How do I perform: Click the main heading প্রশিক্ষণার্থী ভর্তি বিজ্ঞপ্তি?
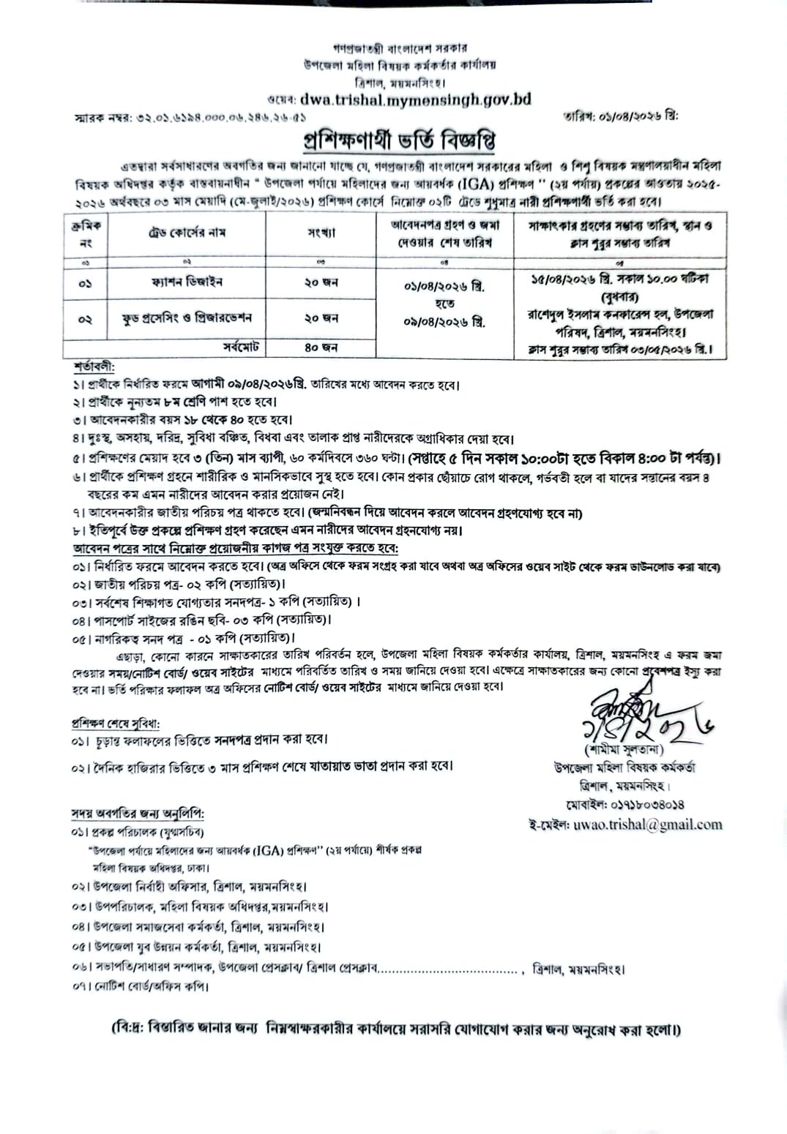click(x=399, y=140)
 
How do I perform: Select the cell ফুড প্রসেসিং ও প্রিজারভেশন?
click(x=187, y=318)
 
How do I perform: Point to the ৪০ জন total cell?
click(x=321, y=348)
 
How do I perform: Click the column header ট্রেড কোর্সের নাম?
click(x=187, y=233)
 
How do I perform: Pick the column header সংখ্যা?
click(x=321, y=233)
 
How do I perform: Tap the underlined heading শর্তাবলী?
click(x=94, y=365)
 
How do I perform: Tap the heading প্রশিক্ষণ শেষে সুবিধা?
click(x=115, y=724)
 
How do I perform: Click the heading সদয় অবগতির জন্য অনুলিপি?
click(x=138, y=814)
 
